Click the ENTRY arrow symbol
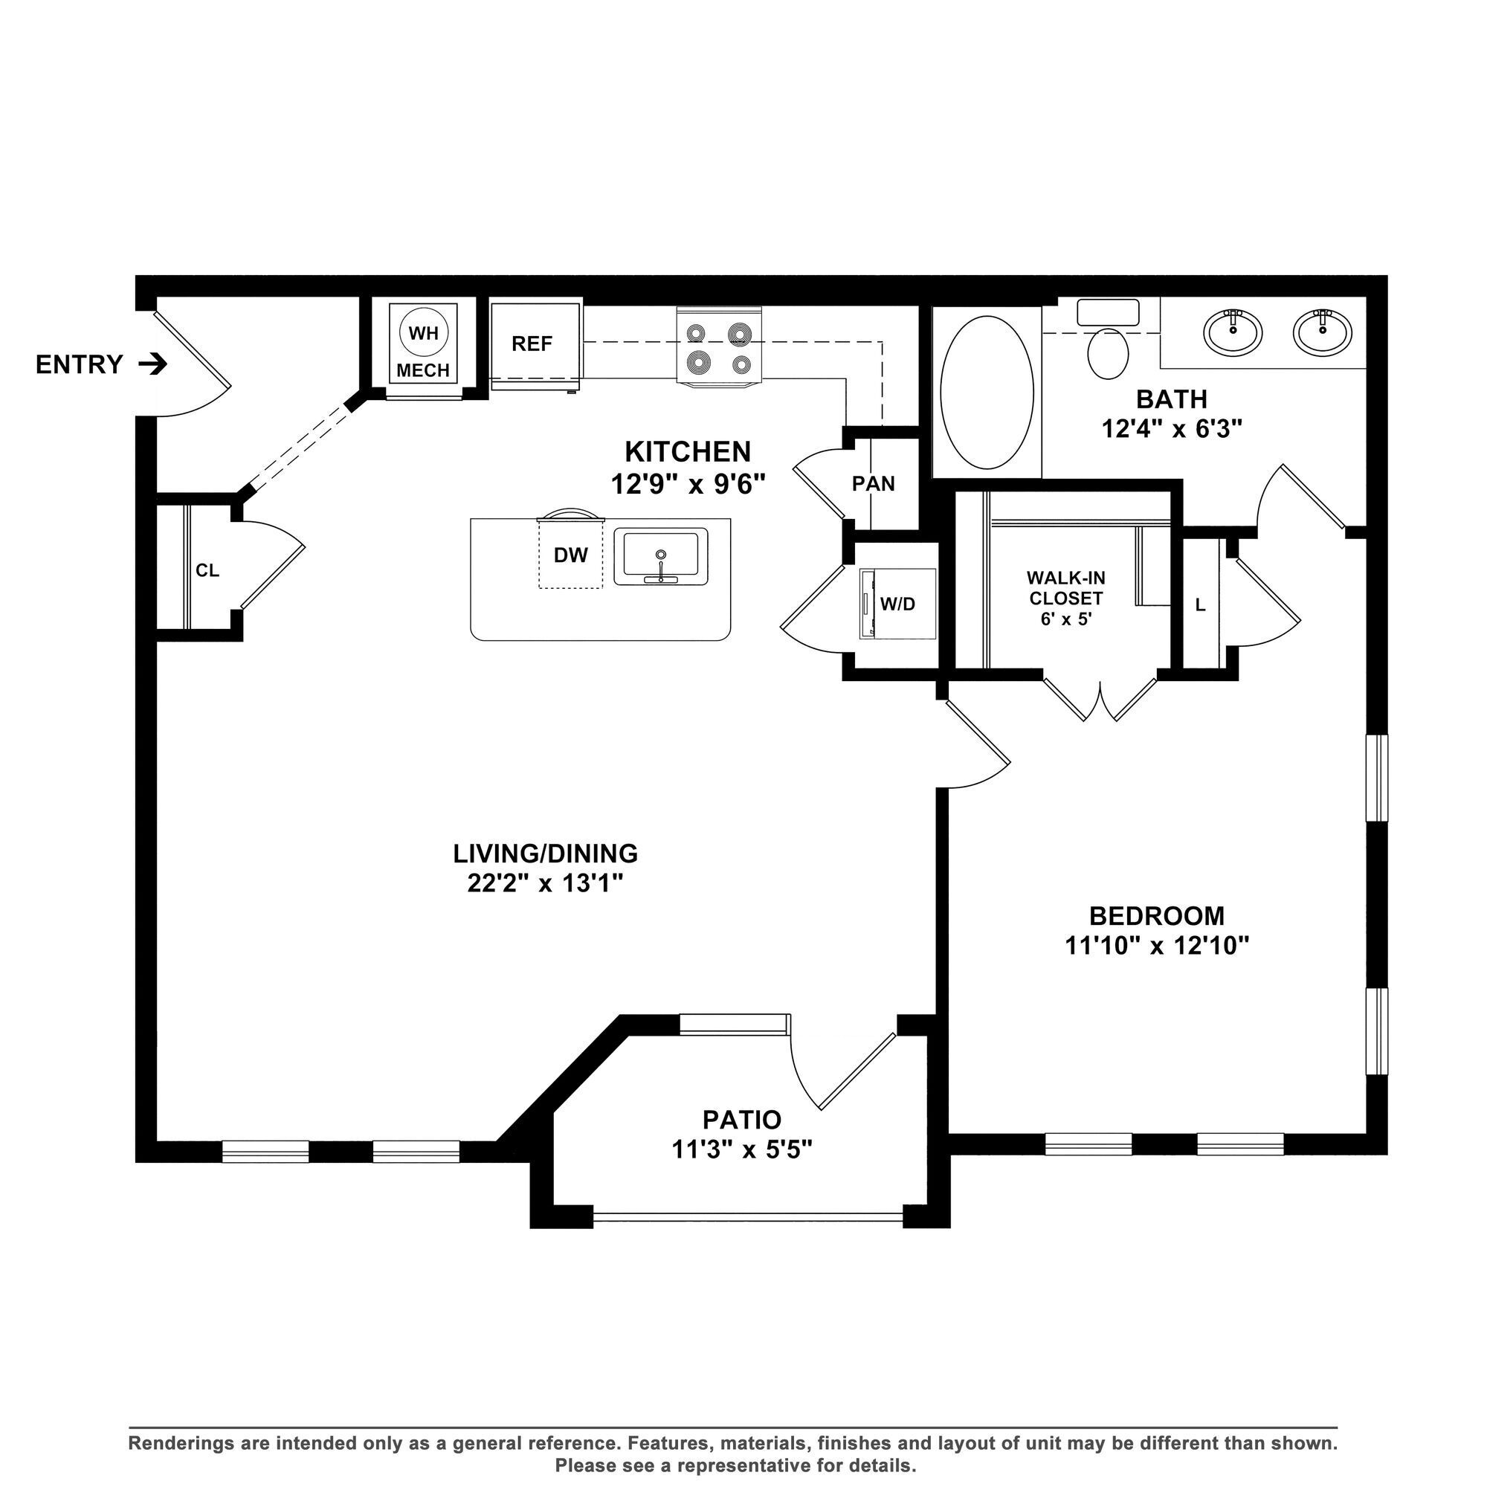click(152, 364)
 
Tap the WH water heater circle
click(423, 333)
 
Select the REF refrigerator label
click(532, 343)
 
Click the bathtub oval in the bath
click(987, 393)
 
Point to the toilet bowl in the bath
click(1109, 353)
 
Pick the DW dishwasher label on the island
click(570, 555)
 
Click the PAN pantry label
click(873, 484)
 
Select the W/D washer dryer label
click(897, 604)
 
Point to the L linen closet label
click(1200, 605)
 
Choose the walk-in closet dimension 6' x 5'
click(1066, 618)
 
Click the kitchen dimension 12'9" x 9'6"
click(688, 484)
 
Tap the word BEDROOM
click(1157, 916)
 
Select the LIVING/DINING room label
click(545, 854)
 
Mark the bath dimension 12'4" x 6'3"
click(1172, 429)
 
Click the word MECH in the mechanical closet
click(422, 370)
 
